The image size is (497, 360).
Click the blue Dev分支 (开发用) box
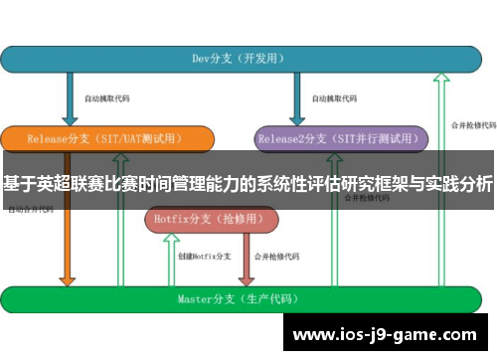(239, 59)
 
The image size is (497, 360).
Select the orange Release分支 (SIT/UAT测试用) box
(106, 138)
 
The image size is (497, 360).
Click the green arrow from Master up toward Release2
(331, 249)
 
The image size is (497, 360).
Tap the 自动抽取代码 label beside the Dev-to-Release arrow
(106, 98)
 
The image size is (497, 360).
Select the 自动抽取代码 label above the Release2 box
(334, 98)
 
